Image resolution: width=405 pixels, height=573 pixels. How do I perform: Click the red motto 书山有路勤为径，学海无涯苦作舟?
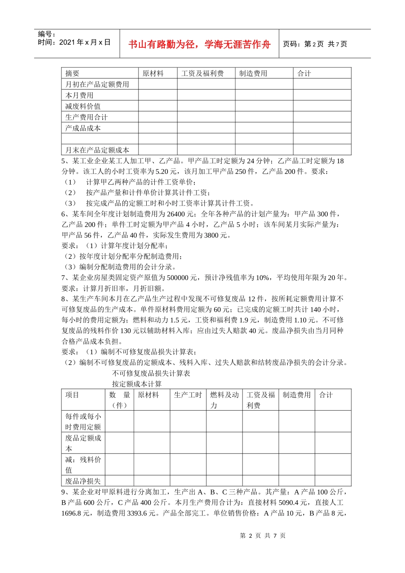click(x=199, y=44)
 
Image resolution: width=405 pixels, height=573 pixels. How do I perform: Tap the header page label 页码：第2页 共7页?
click(x=315, y=44)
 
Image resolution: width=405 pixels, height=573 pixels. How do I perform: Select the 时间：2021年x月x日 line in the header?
click(x=74, y=42)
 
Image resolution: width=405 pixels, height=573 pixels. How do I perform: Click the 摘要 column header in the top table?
click(x=72, y=73)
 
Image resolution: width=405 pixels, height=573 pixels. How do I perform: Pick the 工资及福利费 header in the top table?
click(x=202, y=73)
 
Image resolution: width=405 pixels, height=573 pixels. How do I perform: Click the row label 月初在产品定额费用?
click(x=97, y=84)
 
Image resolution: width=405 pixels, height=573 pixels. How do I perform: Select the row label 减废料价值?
click(x=83, y=106)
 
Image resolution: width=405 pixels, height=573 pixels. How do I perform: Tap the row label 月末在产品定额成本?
click(x=97, y=150)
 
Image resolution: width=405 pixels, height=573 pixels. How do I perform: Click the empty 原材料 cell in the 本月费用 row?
click(x=158, y=95)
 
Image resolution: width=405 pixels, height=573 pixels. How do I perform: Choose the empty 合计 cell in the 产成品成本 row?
click(x=322, y=128)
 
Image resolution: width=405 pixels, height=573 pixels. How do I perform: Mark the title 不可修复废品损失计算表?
click(x=151, y=373)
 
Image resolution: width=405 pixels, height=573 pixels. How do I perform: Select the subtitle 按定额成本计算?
click(x=136, y=384)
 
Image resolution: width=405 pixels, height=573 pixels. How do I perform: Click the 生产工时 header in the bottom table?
click(x=188, y=395)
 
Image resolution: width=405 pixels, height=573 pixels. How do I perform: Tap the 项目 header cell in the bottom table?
click(x=72, y=395)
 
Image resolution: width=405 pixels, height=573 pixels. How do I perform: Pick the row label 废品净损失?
click(x=83, y=481)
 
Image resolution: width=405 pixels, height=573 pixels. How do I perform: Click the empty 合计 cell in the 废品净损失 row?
click(x=333, y=481)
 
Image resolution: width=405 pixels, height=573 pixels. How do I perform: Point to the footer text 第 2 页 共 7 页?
click(x=263, y=536)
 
